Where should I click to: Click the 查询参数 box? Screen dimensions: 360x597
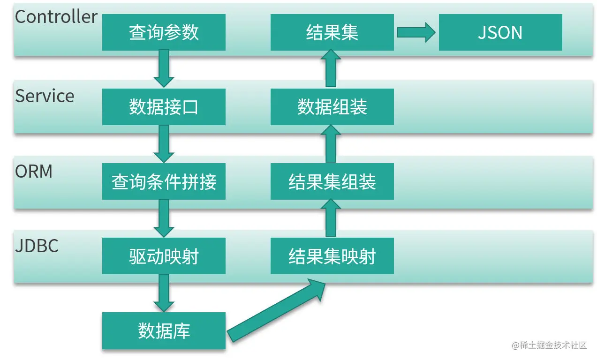pyautogui.click(x=164, y=32)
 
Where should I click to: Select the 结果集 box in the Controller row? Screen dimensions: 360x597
pyautogui.click(x=332, y=32)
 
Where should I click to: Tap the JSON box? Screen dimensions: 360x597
pyautogui.click(x=500, y=32)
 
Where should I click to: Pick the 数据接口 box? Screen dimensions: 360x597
pyautogui.click(x=164, y=107)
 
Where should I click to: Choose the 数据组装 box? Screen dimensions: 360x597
pyautogui.click(x=332, y=107)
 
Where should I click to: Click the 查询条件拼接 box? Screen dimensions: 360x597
pyautogui.click(x=164, y=181)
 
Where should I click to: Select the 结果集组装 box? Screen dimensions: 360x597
pyautogui.click(x=332, y=181)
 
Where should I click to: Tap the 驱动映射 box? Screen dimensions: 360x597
pyautogui.click(x=164, y=256)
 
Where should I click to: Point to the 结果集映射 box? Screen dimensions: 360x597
pyautogui.click(x=332, y=256)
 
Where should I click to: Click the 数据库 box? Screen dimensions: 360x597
pyautogui.click(x=164, y=330)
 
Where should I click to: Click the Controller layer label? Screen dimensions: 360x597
pyautogui.click(x=56, y=17)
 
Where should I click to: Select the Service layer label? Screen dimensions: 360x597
pyautogui.click(x=45, y=96)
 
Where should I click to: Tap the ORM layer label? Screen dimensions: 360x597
pyautogui.click(x=34, y=171)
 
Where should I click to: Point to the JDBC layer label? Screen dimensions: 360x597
pyautogui.click(x=37, y=246)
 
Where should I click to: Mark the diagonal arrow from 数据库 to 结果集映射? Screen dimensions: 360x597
pyautogui.click(x=277, y=309)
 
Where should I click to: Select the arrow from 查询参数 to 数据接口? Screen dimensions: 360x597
pyautogui.click(x=164, y=68)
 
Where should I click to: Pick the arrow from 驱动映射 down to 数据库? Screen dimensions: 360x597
pyautogui.click(x=164, y=292)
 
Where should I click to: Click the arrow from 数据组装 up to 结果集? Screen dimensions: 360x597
pyautogui.click(x=331, y=69)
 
